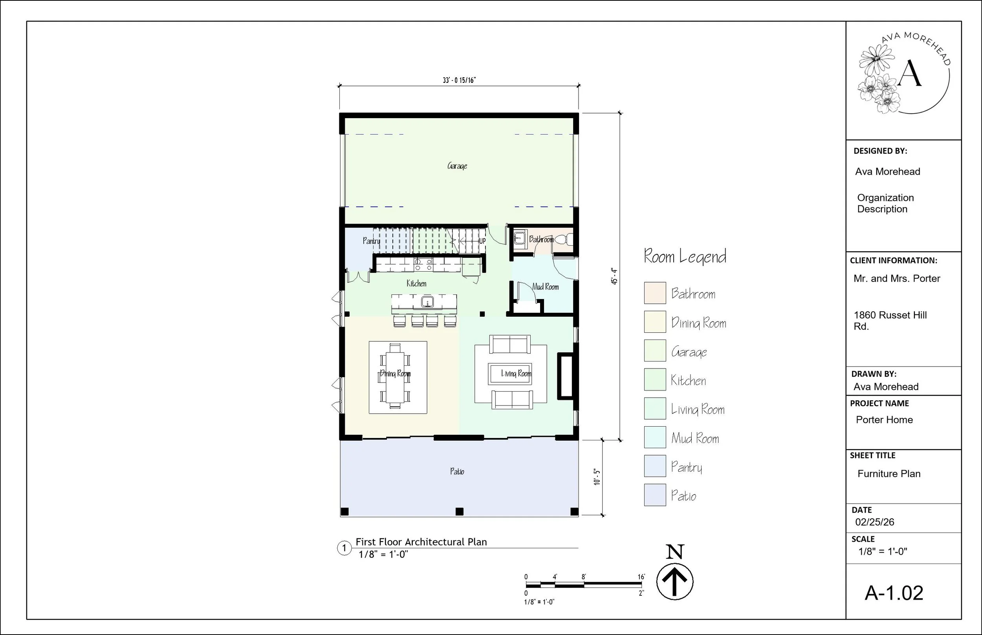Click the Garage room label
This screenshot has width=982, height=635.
tap(457, 166)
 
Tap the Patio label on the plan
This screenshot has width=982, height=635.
tap(457, 471)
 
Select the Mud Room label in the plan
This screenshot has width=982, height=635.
tap(545, 286)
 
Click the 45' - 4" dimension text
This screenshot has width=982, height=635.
tap(614, 276)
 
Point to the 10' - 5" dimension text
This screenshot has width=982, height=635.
tap(597, 477)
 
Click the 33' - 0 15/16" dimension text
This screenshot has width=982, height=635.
tap(459, 80)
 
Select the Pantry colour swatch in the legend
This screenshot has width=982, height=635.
tap(655, 466)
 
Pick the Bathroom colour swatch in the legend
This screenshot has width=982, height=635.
tap(655, 293)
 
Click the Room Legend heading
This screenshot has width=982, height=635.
tap(685, 257)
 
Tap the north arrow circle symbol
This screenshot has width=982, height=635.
tap(674, 582)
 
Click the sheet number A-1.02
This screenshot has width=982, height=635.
tap(894, 593)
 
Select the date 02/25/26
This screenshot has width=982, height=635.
tap(874, 522)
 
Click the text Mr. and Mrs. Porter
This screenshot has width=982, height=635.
tap(897, 279)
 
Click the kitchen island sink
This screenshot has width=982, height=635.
tap(427, 301)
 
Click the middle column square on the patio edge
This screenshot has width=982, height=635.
tap(459, 512)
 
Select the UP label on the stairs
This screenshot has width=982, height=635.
tap(482, 241)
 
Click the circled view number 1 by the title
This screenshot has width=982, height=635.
tap(344, 548)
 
